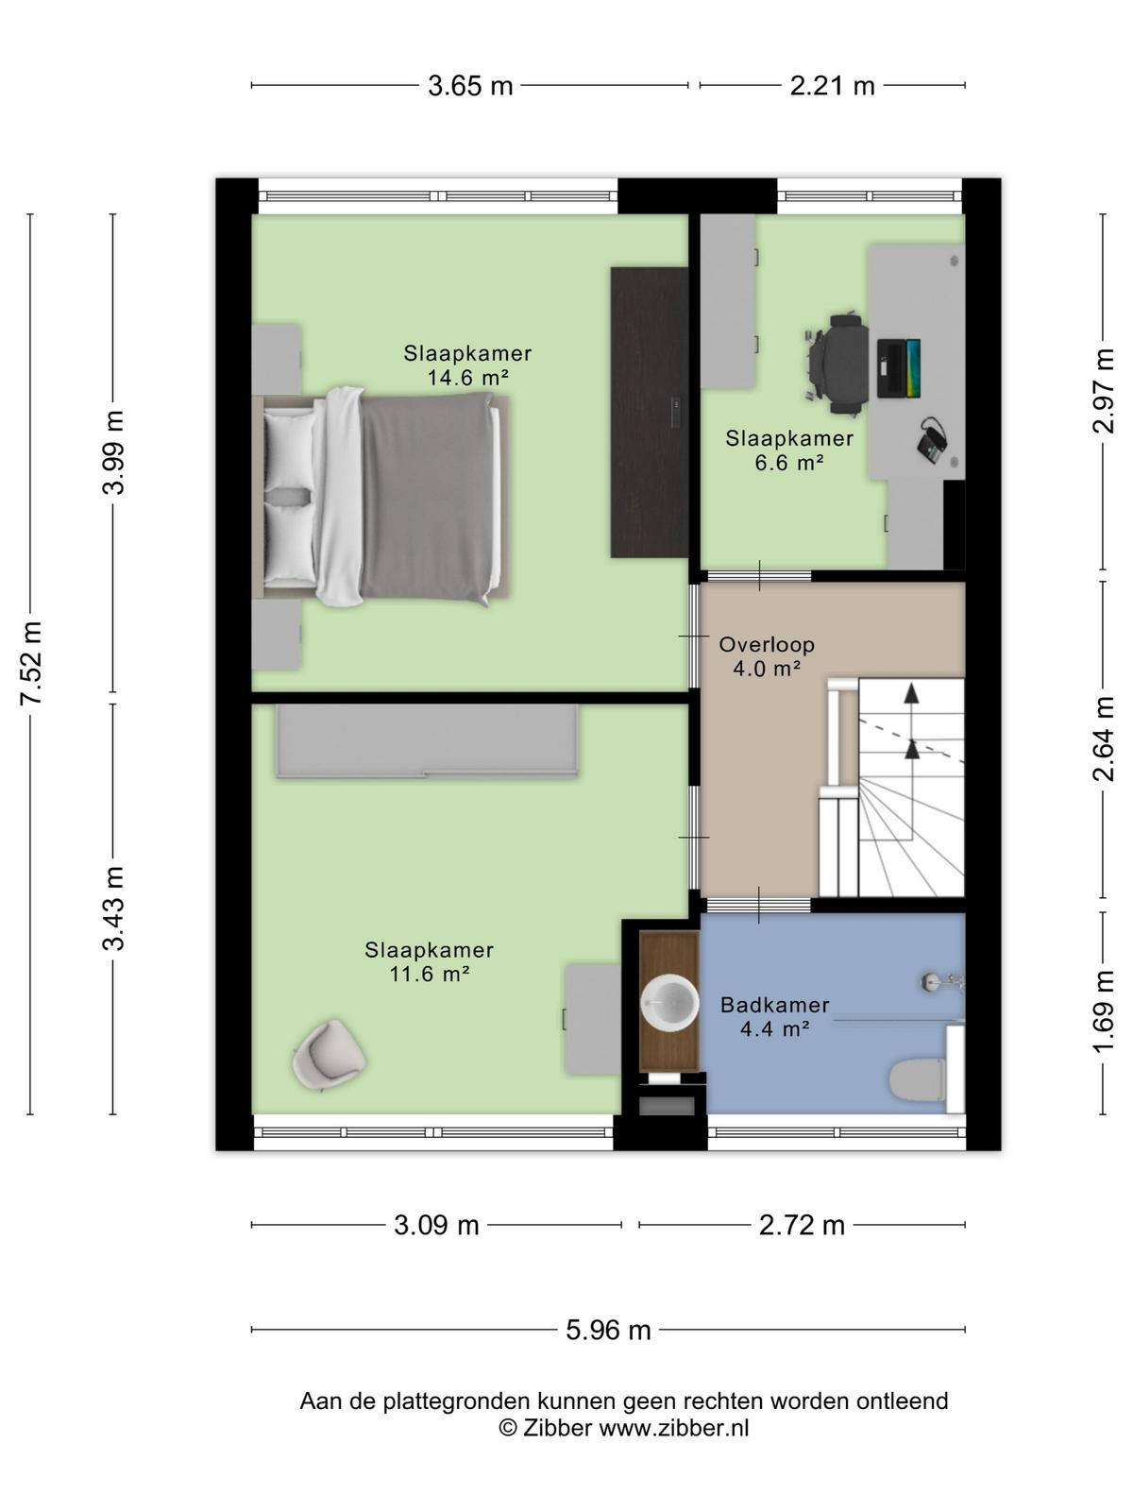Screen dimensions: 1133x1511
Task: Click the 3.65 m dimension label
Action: tap(470, 86)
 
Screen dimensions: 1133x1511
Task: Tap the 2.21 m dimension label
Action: tap(832, 86)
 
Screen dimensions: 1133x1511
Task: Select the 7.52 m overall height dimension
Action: tap(32, 663)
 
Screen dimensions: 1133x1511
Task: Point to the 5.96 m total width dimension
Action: tap(608, 1330)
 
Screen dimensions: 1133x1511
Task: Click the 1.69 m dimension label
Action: tap(1104, 1011)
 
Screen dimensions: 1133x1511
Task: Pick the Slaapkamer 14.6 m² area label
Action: tap(467, 365)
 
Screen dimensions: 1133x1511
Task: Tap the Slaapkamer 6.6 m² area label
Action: tap(789, 450)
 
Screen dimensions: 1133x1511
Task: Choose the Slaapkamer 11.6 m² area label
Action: tap(430, 962)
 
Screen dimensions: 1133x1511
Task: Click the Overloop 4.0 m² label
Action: tap(767, 656)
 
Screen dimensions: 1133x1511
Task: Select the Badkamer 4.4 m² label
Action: tap(774, 1017)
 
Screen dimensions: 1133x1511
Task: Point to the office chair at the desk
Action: tap(837, 365)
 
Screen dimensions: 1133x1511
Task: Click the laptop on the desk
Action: tap(899, 368)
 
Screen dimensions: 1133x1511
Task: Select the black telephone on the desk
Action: tap(934, 441)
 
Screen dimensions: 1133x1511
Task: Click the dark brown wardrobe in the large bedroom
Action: tap(650, 412)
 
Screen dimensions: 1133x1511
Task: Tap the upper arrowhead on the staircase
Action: tap(912, 693)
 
